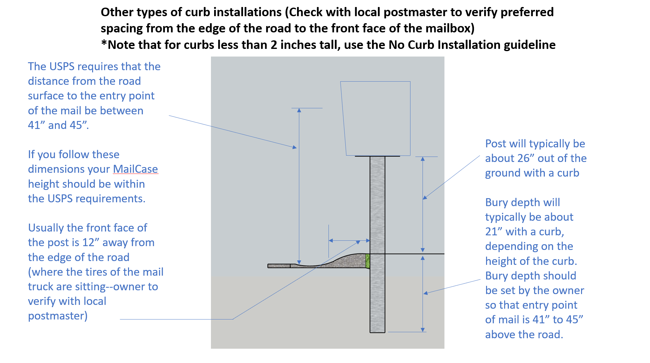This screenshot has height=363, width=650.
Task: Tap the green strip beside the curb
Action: click(368, 261)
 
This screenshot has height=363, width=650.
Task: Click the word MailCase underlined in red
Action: click(135, 169)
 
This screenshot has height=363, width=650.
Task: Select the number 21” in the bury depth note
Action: click(493, 232)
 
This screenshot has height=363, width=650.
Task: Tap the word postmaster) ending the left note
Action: click(58, 316)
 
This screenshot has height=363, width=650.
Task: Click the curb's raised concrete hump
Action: click(349, 260)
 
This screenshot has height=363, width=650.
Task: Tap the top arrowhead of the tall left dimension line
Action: click(299, 111)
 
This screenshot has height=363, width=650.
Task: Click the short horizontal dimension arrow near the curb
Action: click(349, 240)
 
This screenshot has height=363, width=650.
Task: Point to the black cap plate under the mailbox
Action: click(377, 156)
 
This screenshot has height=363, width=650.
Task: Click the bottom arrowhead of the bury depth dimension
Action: click(423, 330)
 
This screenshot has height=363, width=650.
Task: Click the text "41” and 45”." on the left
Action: click(58, 125)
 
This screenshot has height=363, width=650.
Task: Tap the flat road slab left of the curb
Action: click(279, 266)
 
